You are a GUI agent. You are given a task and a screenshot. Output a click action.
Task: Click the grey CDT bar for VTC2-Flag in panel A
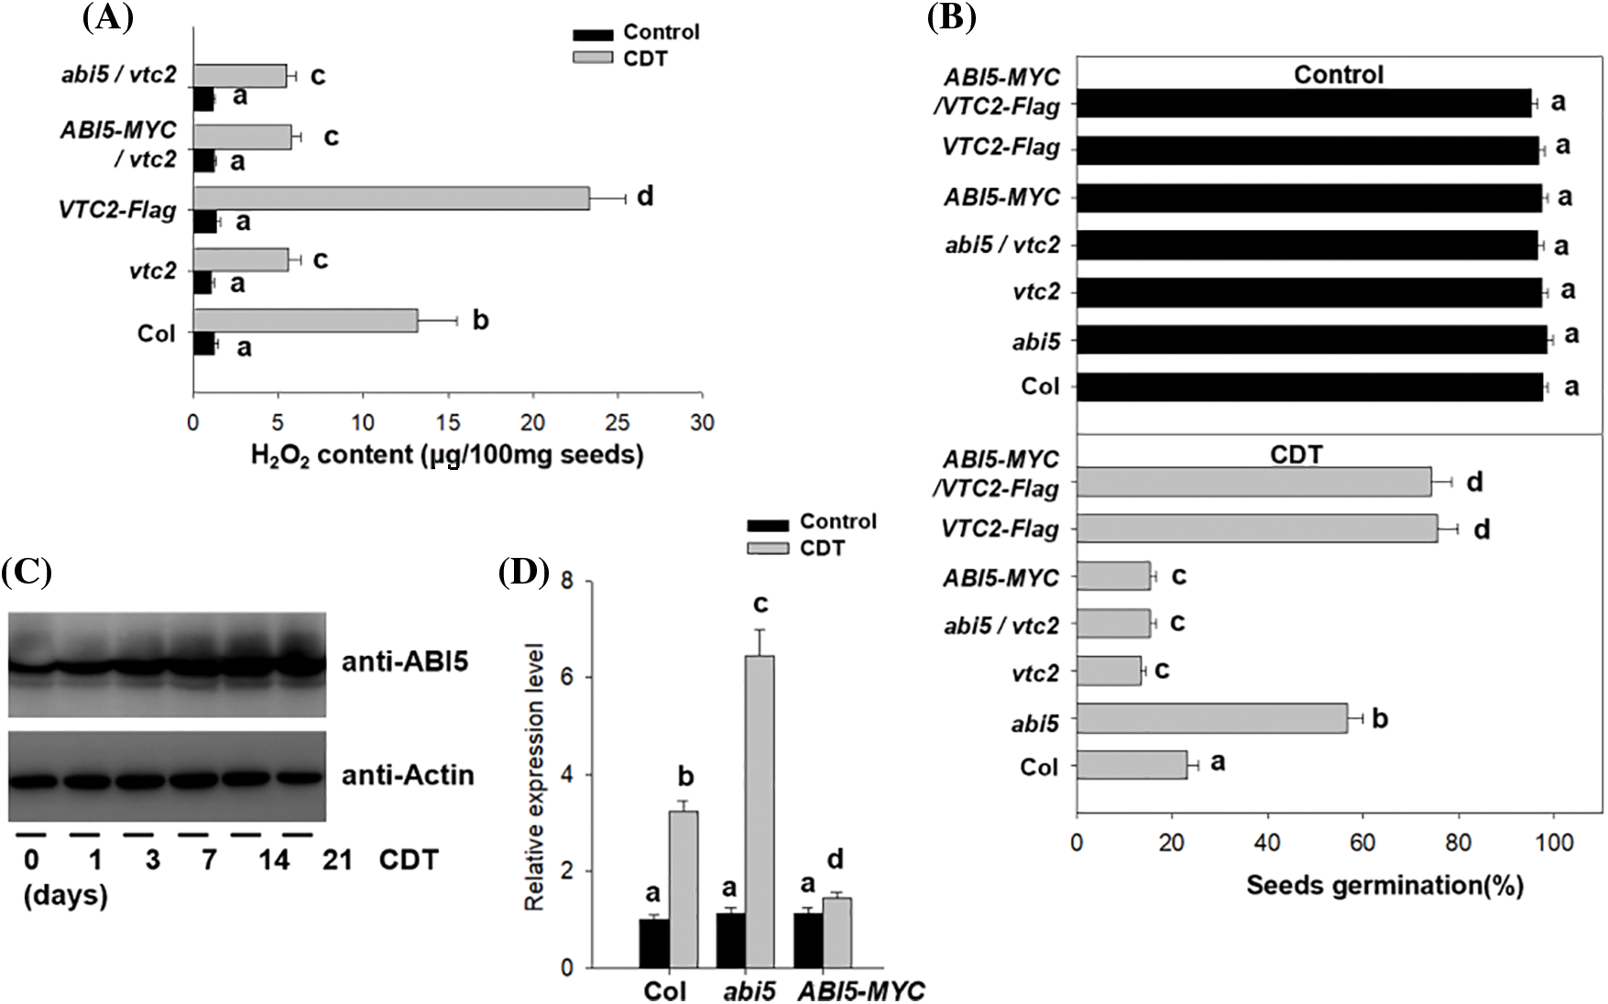click(x=391, y=198)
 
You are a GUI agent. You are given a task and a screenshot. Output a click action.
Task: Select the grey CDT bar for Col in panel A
click(x=305, y=321)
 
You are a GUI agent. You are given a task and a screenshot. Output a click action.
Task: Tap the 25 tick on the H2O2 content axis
click(x=618, y=422)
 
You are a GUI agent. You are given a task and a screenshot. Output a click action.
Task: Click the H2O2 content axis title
click(x=447, y=454)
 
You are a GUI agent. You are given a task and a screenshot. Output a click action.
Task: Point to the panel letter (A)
click(x=107, y=17)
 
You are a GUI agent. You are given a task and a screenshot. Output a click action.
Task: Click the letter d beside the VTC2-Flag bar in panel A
click(x=645, y=196)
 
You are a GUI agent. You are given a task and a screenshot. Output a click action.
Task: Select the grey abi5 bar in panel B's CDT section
click(x=1211, y=718)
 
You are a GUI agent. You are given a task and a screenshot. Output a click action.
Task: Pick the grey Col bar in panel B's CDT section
click(x=1131, y=765)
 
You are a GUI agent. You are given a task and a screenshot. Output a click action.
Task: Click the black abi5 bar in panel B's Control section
click(x=1311, y=340)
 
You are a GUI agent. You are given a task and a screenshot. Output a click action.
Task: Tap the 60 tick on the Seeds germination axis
click(x=1362, y=842)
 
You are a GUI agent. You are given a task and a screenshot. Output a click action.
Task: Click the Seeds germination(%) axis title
click(x=1384, y=885)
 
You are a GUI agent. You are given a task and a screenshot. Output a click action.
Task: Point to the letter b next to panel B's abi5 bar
click(x=1380, y=718)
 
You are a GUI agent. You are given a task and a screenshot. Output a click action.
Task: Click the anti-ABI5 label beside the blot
click(x=405, y=660)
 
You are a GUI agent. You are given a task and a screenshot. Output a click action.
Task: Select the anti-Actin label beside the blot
click(x=408, y=775)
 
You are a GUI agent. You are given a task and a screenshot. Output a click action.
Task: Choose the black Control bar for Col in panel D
click(x=654, y=944)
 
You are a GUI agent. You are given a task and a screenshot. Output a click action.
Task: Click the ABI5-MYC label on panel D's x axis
click(x=859, y=990)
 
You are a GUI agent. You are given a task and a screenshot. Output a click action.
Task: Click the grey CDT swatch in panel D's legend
click(x=767, y=549)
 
